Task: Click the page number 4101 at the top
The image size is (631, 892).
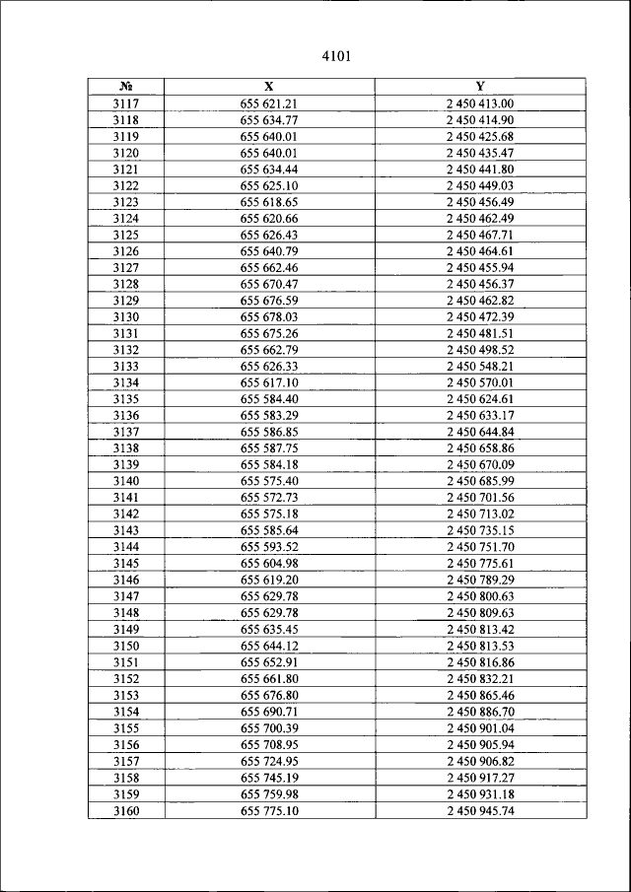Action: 336,56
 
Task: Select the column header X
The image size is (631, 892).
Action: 269,87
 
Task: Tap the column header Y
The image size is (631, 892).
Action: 479,87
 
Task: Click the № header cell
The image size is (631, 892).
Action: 125,87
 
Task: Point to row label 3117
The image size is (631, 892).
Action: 125,103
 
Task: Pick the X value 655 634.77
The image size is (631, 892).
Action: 269,120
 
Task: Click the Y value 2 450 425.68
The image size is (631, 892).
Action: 480,136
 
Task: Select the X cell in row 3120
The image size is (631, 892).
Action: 269,153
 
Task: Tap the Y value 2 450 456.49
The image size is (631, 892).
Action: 480,202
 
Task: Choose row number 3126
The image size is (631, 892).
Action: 125,251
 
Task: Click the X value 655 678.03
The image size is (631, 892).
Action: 269,317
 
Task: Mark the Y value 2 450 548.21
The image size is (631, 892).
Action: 480,367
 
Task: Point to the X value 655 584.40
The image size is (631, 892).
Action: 269,399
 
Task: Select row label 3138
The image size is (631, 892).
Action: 125,448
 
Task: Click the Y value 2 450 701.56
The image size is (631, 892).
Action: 480,498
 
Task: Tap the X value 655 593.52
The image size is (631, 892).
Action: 269,547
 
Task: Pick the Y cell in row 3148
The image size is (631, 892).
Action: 480,613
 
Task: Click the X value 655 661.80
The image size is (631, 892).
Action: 269,679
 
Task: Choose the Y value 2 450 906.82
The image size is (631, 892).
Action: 480,761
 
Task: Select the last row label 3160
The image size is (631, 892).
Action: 125,811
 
